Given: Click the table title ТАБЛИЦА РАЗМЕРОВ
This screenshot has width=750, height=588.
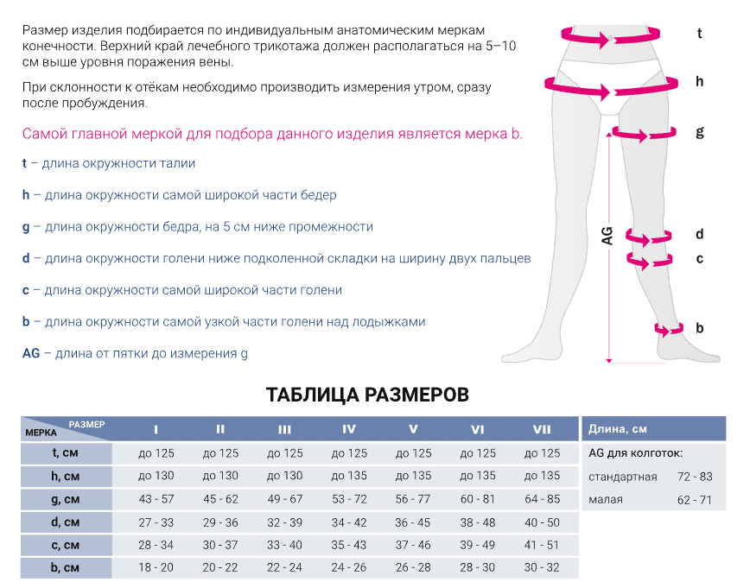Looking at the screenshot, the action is point(368,395).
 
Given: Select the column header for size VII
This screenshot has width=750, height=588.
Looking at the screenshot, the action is point(542,429).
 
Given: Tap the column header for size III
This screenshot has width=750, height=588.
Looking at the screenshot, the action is point(284,429).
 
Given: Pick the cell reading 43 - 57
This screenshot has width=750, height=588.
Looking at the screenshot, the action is point(156,499).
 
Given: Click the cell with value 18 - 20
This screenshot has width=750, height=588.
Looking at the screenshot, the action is point(156,567).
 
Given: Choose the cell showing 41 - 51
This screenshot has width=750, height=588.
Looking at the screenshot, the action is point(542,545).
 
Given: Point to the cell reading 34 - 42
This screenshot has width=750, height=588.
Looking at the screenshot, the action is point(348,522).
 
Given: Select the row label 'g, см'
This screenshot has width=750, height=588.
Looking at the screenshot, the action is point(66,499).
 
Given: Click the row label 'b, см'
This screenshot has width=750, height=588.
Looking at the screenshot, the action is point(66,567).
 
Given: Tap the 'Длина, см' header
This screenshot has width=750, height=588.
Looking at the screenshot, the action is point(617,429).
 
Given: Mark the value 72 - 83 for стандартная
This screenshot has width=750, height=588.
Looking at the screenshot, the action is point(694,477).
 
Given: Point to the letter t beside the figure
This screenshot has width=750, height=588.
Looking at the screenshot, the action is point(699,35).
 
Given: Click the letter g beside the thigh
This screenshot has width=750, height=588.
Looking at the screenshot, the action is point(699,132).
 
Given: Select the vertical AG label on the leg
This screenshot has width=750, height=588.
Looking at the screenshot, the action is point(607,235).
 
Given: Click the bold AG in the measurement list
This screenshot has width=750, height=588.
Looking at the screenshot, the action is point(30,353).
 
